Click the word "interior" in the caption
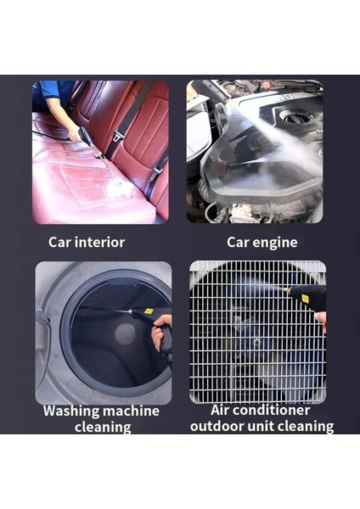pos(98,243)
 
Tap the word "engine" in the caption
pos(275,243)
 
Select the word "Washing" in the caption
pos(73,411)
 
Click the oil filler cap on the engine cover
pos(296,116)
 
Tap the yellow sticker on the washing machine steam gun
pos(148,312)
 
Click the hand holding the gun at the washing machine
pos(161,333)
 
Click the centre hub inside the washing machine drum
pos(125,333)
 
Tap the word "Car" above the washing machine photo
pos(60,243)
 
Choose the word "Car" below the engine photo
pos(239,243)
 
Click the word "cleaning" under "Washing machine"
pos(102,427)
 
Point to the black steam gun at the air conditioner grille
pos(306,297)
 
